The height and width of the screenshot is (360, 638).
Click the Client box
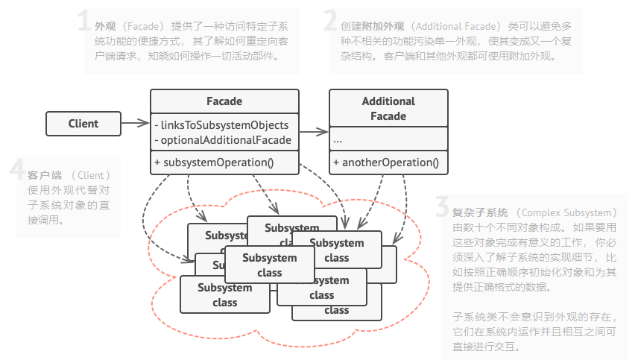(83, 124)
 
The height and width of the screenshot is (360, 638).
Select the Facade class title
(224, 101)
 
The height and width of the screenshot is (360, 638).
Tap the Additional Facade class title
(388, 109)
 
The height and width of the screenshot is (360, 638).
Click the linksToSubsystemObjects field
(221, 124)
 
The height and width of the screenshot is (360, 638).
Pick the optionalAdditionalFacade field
(222, 139)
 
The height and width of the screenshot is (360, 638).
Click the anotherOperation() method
(385, 162)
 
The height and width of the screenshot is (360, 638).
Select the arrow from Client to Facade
(135, 123)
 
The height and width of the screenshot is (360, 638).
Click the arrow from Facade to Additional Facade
(314, 132)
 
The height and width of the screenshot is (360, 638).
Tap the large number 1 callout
(85, 23)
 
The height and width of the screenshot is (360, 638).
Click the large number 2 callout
(331, 23)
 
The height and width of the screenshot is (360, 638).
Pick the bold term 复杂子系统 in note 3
(480, 212)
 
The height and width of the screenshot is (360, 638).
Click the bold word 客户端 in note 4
(44, 175)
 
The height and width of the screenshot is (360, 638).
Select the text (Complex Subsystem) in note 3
(567, 212)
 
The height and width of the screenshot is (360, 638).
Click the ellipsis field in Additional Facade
(338, 139)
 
